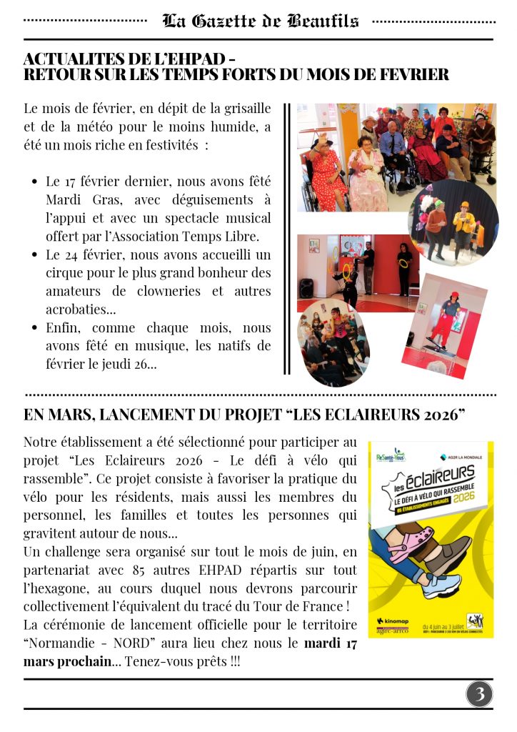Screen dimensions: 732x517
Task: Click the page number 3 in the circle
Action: (480, 693)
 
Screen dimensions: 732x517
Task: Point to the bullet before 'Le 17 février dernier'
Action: (34, 182)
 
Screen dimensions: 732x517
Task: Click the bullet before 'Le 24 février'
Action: (34, 254)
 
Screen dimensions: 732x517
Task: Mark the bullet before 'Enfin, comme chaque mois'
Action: (34, 328)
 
